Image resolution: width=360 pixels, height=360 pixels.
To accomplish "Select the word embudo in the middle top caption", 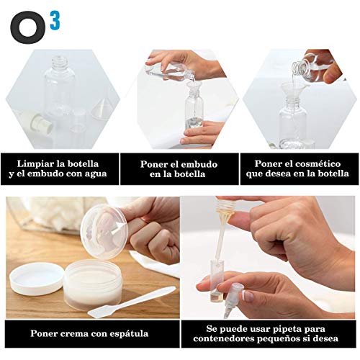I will point(199,163).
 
